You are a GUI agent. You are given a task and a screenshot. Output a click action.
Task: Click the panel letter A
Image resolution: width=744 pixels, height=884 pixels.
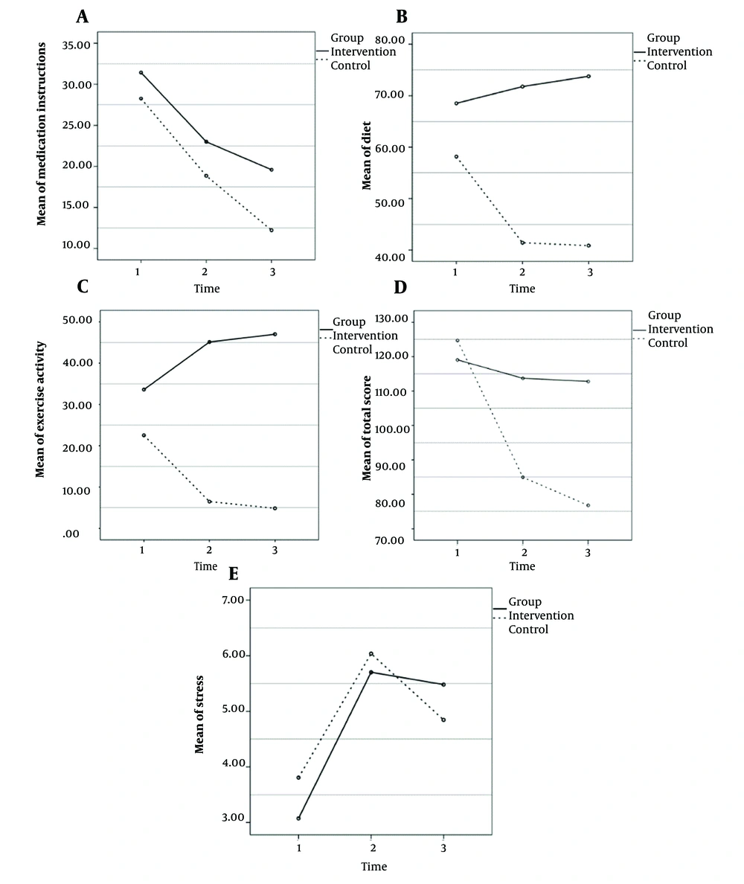pyautogui.click(x=83, y=16)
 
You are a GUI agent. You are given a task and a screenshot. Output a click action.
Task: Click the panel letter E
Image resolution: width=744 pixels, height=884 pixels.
pyautogui.click(x=234, y=574)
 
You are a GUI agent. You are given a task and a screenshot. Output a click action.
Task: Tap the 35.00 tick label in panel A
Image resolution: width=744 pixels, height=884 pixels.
pyautogui.click(x=76, y=45)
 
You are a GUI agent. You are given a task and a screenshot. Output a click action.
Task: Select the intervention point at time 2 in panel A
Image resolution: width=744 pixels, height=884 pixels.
pyautogui.click(x=206, y=141)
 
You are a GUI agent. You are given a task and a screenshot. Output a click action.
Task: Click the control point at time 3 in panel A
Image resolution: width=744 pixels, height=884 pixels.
pyautogui.click(x=272, y=230)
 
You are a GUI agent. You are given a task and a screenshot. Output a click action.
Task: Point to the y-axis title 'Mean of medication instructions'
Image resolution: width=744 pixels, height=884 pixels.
pyautogui.click(x=41, y=134)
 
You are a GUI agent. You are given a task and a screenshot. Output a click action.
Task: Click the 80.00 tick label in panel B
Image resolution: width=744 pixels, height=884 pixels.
pyautogui.click(x=389, y=40)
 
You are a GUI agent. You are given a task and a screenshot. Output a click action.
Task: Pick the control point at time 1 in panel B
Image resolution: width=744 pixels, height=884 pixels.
pyautogui.click(x=456, y=156)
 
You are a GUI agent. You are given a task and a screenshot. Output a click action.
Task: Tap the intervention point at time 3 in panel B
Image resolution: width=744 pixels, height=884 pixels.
pyautogui.click(x=589, y=76)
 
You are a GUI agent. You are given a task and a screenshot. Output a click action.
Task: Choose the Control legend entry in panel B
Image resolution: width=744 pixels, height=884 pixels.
pyautogui.click(x=667, y=65)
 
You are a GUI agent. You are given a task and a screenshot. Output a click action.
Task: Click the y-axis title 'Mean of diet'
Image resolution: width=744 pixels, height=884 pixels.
pyautogui.click(x=366, y=156)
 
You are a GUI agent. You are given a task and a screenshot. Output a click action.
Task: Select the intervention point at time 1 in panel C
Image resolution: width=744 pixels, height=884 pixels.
pyautogui.click(x=144, y=390)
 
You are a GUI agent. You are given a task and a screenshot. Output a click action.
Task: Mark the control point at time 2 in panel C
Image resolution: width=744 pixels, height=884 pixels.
pyautogui.click(x=210, y=502)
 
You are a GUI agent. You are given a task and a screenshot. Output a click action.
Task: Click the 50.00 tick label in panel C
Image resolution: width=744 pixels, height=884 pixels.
pyautogui.click(x=77, y=320)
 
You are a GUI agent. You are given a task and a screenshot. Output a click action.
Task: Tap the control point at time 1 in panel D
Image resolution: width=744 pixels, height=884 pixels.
pyautogui.click(x=458, y=341)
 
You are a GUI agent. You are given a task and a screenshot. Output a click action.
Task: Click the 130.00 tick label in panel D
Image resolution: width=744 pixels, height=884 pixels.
pyautogui.click(x=391, y=318)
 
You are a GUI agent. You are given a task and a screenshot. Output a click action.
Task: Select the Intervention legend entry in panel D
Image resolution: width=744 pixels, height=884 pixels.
pyautogui.click(x=680, y=329)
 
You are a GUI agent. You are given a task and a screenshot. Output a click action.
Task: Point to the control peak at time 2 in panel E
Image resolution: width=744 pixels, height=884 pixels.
pyautogui.click(x=371, y=654)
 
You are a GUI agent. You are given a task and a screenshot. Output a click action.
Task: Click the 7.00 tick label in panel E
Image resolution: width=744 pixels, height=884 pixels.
pyautogui.click(x=234, y=600)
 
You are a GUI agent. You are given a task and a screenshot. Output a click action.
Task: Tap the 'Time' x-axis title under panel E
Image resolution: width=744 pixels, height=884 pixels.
pyautogui.click(x=374, y=867)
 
